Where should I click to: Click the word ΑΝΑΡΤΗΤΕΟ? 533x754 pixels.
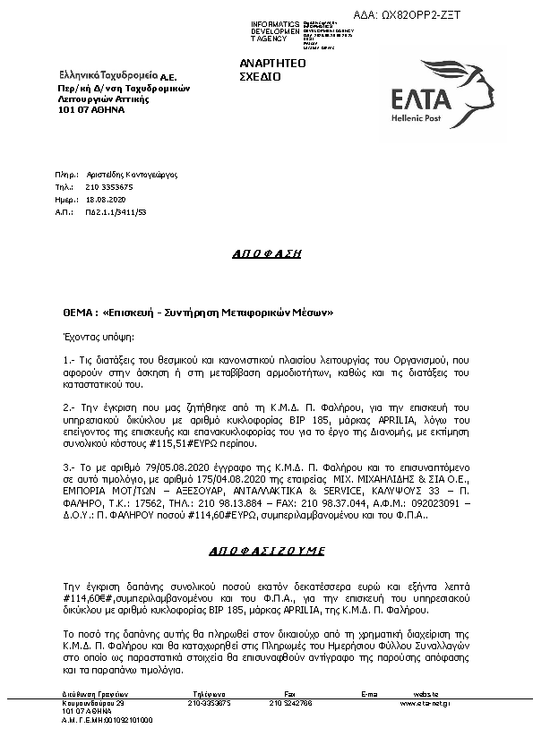[x=272, y=64]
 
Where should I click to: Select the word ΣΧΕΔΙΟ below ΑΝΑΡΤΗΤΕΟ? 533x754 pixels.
[x=260, y=77]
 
